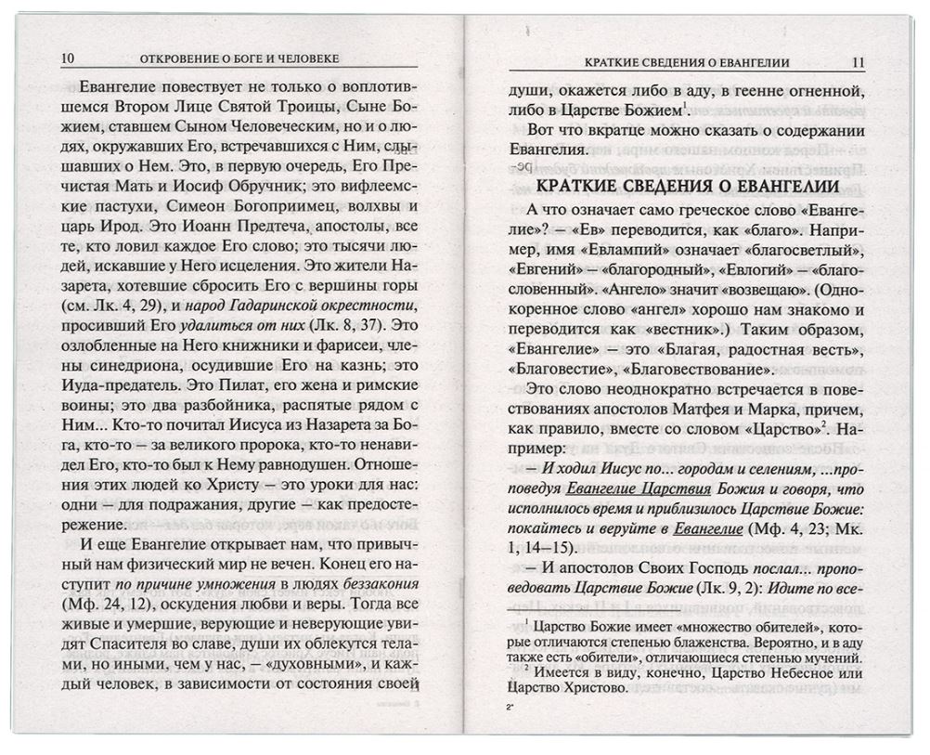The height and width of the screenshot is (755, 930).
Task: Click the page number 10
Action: pos(68,59)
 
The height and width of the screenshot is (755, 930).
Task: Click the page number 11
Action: pos(857,63)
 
